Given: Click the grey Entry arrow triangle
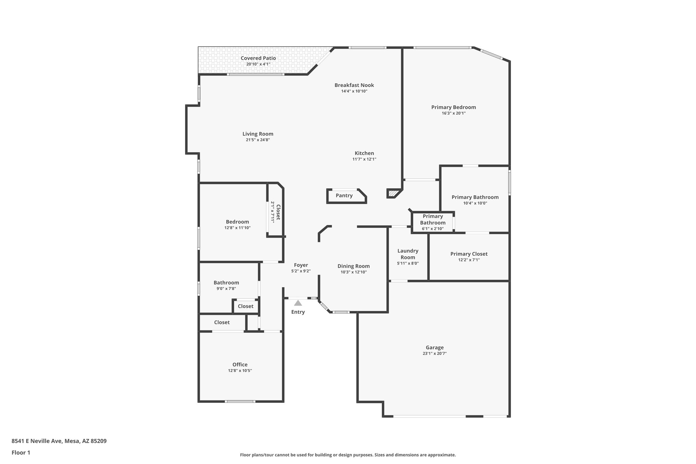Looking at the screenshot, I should tap(298, 303).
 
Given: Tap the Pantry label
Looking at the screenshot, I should tap(344, 195).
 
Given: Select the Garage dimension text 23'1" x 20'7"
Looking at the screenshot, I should tap(435, 354).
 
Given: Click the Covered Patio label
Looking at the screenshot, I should tap(258, 58).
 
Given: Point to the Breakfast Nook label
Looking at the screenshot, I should tap(354, 85).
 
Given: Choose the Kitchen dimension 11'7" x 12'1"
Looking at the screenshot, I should tap(364, 159).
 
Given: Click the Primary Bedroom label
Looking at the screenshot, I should tap(453, 107).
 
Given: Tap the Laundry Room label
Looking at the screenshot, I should tap(408, 254).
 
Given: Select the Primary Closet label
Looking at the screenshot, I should tap(469, 254).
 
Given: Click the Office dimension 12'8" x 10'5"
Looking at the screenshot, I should tap(240, 371).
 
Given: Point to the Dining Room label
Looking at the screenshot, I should tap(353, 266).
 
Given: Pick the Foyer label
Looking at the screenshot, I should tap(301, 265).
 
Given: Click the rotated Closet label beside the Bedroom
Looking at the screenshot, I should tap(278, 212).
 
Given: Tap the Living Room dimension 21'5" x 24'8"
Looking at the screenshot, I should tap(258, 140).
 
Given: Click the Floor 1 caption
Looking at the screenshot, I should tap(21, 452).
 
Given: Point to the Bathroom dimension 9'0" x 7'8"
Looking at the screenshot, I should tap(226, 289).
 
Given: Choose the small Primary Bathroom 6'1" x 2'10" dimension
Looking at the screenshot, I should tap(433, 229).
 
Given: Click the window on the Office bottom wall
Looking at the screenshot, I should tap(240, 401).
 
